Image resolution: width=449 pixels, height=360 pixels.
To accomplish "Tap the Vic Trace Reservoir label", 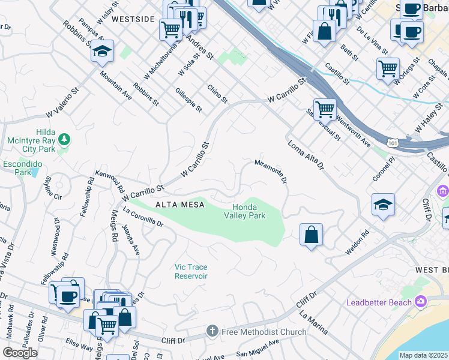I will click(191, 271).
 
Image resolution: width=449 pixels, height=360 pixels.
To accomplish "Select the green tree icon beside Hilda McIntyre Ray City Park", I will click(65, 140).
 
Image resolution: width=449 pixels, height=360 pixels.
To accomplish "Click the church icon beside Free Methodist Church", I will click(211, 331).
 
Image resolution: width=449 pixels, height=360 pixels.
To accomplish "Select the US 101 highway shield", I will click(392, 143).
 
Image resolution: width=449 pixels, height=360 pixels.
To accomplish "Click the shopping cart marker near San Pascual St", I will click(325, 109).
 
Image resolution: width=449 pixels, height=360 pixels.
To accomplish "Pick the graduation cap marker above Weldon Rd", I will click(383, 205).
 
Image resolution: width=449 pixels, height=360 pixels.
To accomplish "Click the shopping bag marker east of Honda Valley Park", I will click(311, 235).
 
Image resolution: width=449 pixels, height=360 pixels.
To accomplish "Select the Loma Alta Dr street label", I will click(306, 154).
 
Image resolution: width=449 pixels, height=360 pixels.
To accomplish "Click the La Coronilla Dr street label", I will click(143, 217).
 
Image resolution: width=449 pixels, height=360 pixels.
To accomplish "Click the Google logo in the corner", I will click(20, 353).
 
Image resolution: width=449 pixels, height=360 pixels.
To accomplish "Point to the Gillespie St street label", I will click(188, 100).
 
